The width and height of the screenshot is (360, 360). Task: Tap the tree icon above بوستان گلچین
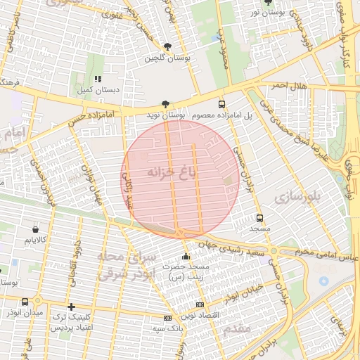coord(165,47)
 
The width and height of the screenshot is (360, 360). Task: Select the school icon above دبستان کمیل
coord(98,79)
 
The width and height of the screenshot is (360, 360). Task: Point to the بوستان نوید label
coord(166,114)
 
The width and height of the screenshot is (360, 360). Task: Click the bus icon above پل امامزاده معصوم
coord(222,103)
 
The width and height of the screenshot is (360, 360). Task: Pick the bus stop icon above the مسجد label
coord(260,218)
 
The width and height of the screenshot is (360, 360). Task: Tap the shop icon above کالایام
coord(35,229)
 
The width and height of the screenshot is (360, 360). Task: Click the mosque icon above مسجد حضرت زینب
coord(186,257)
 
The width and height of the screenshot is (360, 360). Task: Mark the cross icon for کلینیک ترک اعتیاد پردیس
coord(71,307)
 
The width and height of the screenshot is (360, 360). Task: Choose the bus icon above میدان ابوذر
coord(25,302)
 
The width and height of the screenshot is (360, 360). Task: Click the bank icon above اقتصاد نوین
coord(200,304)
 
